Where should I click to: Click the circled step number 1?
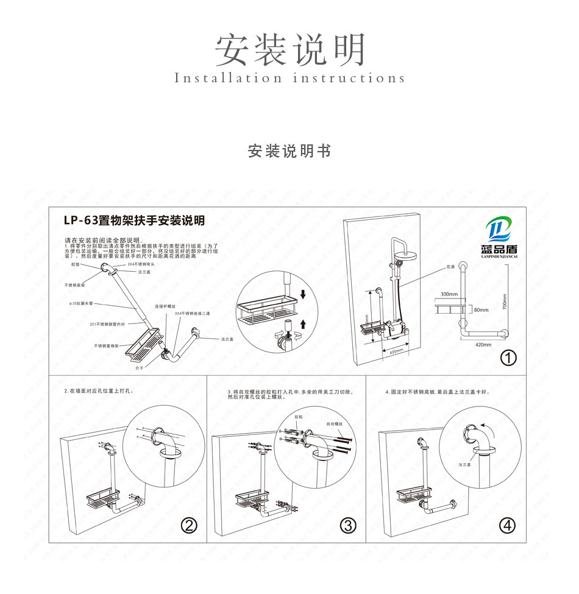click(x=508, y=358)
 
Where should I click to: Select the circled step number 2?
click(x=191, y=525)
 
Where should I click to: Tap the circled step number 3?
click(x=348, y=525)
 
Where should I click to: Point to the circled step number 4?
click(x=507, y=525)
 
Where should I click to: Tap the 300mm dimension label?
click(x=449, y=294)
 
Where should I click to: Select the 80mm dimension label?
click(x=481, y=309)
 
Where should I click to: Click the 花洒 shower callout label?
click(x=451, y=267)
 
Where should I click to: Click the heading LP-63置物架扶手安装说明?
click(x=134, y=220)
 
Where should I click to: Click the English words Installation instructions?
click(x=289, y=79)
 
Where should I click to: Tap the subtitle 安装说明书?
click(x=289, y=151)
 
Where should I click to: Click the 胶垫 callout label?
click(x=76, y=265)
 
